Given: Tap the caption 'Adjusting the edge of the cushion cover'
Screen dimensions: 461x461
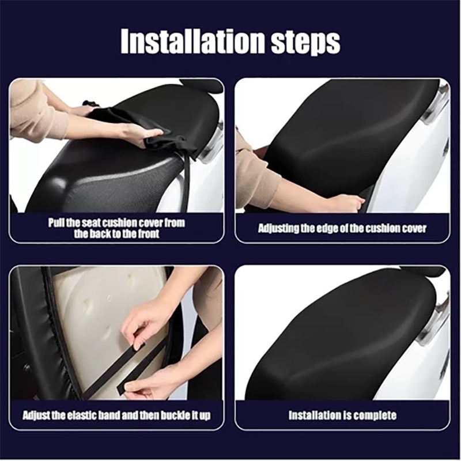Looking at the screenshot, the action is (x=342, y=228).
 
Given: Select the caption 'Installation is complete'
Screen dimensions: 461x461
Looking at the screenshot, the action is (x=342, y=415).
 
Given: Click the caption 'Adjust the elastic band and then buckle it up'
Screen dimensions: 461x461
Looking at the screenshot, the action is (x=117, y=415).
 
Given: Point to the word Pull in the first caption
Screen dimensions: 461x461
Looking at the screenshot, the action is (x=55, y=222).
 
